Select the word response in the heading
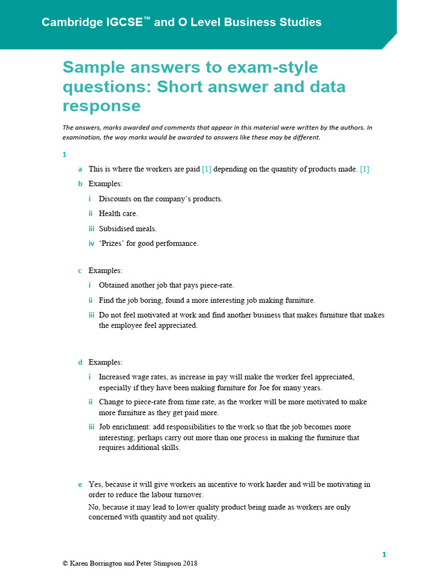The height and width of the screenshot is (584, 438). click(102, 106)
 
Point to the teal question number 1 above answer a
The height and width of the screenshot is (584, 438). click(64, 155)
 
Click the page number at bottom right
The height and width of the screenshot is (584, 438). click(384, 554)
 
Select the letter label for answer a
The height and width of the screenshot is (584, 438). click(80, 169)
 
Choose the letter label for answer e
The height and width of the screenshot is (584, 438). click(80, 485)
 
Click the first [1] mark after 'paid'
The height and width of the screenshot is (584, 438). click(206, 169)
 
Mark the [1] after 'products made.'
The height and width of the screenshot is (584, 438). click(364, 169)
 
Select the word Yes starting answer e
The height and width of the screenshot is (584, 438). click(95, 485)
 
